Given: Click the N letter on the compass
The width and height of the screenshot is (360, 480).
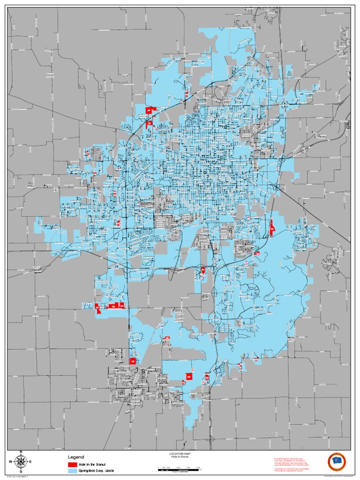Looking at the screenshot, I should [21, 452].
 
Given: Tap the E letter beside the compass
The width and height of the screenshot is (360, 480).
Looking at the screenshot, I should [31, 462].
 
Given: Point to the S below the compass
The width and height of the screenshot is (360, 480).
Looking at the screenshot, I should [21, 472].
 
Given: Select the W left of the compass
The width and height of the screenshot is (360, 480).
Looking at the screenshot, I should [11, 462].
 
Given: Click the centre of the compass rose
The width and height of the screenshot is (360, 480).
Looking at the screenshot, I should [21, 462].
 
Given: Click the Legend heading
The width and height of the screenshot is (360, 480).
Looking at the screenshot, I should [76, 457].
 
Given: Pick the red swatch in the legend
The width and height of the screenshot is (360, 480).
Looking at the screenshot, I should [72, 464].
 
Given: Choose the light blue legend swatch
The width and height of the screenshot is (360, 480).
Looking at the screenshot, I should [72, 470].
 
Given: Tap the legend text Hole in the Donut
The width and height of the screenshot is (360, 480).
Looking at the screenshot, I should [93, 464].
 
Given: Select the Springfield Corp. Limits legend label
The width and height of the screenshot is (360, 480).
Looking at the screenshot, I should [97, 470].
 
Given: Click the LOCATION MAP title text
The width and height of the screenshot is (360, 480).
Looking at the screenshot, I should [180, 454].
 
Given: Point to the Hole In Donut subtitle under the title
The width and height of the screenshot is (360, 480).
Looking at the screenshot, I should [180, 457].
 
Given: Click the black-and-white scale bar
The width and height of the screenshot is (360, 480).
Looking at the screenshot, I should [180, 469].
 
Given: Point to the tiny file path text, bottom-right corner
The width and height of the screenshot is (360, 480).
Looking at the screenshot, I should [334, 477].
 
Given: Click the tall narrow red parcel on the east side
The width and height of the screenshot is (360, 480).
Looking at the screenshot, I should [271, 227].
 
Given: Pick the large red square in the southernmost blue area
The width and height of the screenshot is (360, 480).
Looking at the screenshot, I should [189, 376].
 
